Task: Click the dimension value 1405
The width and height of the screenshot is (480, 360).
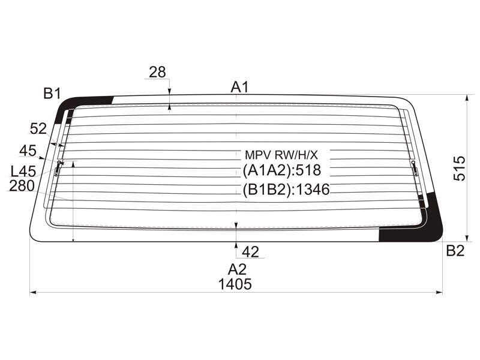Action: pos(235,284)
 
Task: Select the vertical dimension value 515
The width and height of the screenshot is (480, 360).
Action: pos(459,169)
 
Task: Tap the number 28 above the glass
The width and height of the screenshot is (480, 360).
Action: pos(157,72)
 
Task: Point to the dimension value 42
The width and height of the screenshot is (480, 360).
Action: pos(250,252)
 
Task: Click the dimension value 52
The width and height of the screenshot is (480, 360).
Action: pos(38,129)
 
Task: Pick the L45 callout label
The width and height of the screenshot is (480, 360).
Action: pos(23,172)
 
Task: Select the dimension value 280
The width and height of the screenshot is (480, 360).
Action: pos(22,186)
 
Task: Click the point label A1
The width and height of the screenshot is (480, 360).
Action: pos(239,87)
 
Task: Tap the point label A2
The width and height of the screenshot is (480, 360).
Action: pos(237,269)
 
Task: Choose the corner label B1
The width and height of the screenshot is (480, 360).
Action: pos(52,93)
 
